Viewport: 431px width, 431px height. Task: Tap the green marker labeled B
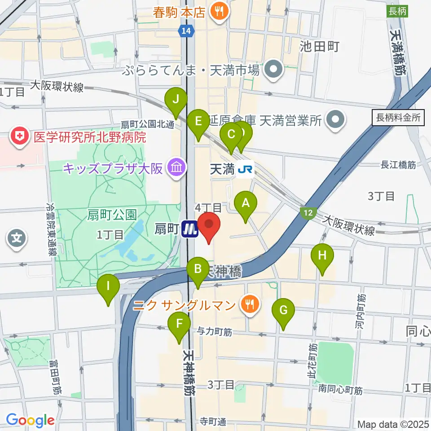pyautogui.click(x=198, y=270)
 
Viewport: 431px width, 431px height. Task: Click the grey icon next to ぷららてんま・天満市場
pyautogui.click(x=272, y=70)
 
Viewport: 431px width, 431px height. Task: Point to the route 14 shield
pyautogui.click(x=185, y=31)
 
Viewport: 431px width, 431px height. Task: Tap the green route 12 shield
pyautogui.click(x=308, y=213)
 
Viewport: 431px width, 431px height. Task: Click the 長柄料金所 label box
pyautogui.click(x=397, y=118)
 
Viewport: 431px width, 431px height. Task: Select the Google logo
pyautogui.click(x=30, y=420)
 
